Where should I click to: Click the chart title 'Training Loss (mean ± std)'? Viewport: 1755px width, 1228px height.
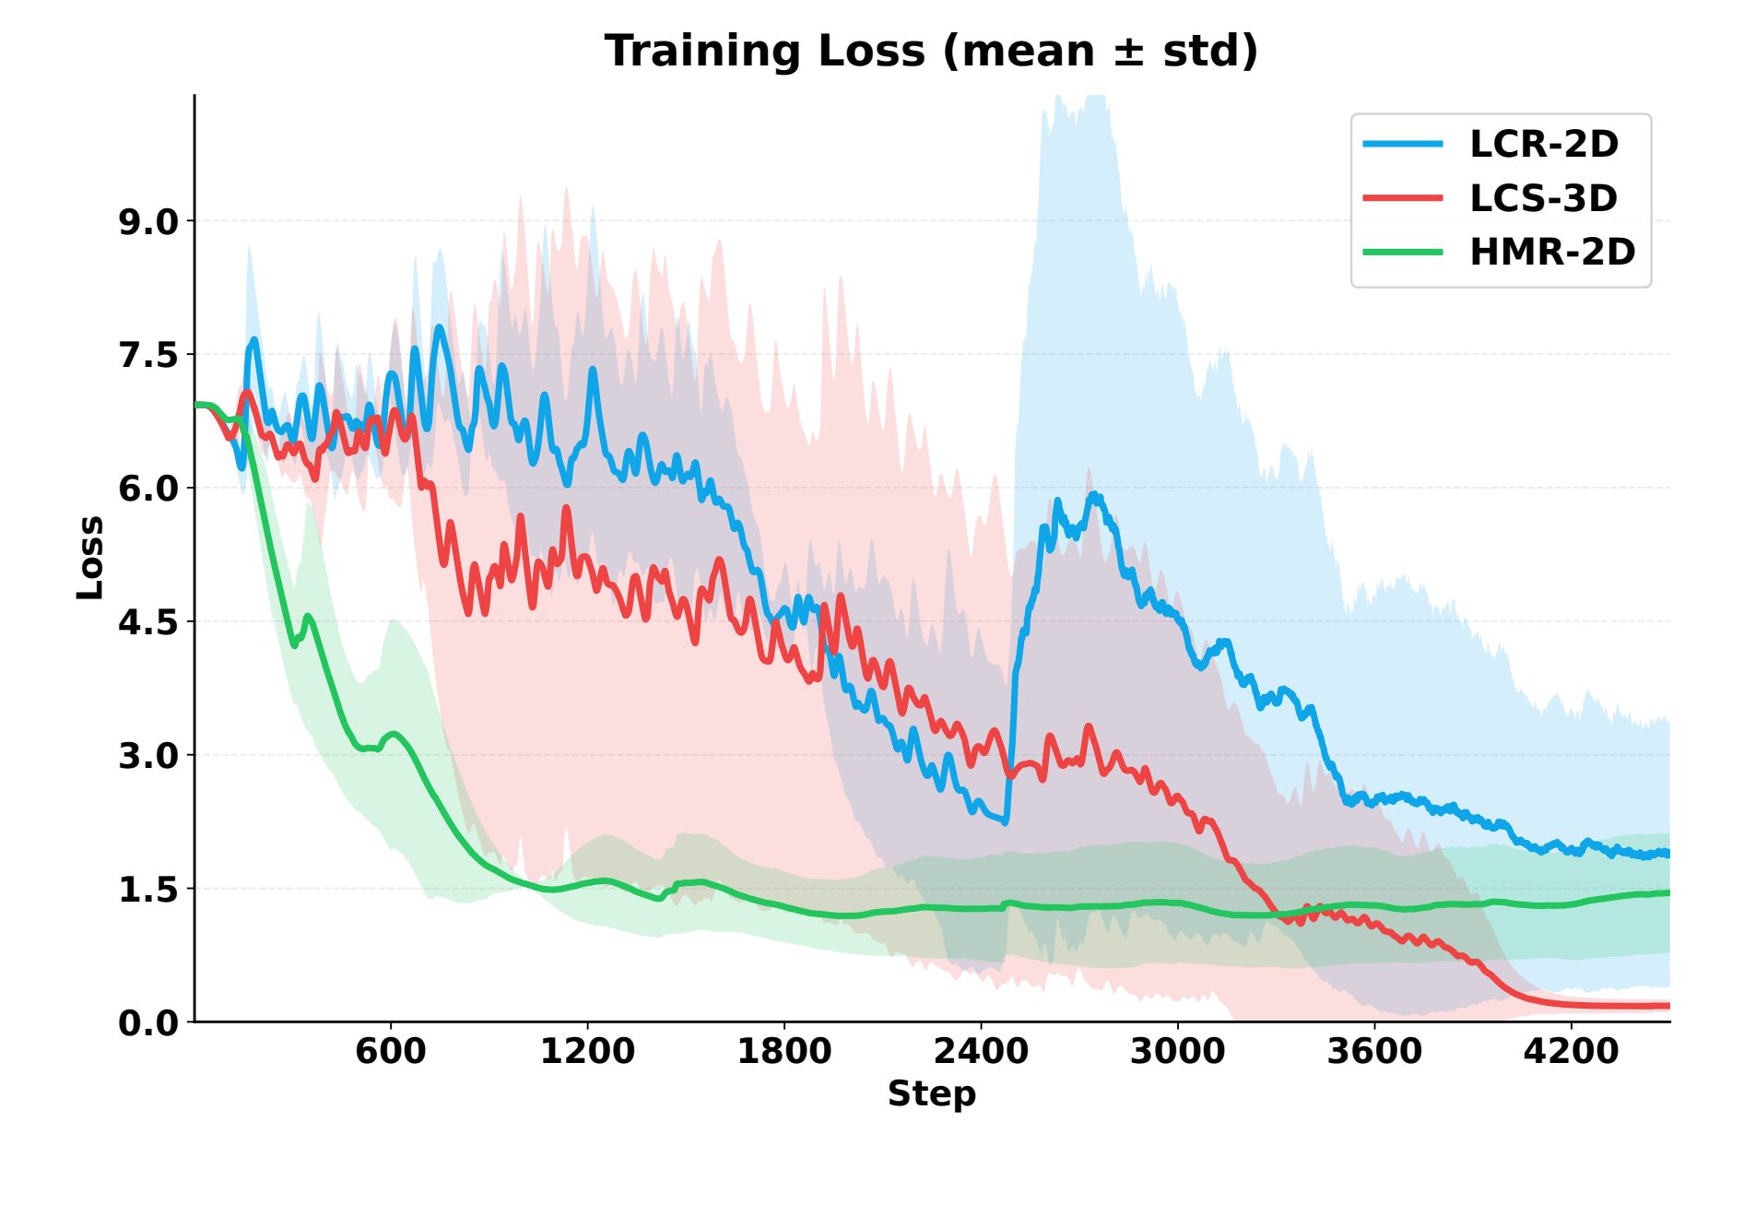(x=931, y=51)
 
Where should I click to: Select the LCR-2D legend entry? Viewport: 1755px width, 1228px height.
(x=1543, y=144)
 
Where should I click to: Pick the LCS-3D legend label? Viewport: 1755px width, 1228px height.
(x=1543, y=198)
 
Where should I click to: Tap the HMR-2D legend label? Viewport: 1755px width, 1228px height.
(x=1552, y=252)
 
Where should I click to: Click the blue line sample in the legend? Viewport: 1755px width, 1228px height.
(x=1402, y=144)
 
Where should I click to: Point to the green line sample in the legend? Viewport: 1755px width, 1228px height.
(x=1402, y=252)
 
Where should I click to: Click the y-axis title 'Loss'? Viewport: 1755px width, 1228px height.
(x=90, y=558)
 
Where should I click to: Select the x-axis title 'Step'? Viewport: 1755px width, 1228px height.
(x=931, y=1093)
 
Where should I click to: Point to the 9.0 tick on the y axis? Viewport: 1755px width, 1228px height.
(x=148, y=222)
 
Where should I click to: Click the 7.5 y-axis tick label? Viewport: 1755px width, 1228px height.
(x=148, y=355)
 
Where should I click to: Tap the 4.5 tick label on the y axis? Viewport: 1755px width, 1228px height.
(x=148, y=622)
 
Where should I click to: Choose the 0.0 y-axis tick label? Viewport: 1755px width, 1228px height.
(x=148, y=1022)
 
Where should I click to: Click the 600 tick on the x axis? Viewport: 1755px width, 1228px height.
(x=391, y=1051)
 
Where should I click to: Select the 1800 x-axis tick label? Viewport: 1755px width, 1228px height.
(x=783, y=1051)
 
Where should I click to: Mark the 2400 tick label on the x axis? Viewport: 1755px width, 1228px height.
(x=981, y=1051)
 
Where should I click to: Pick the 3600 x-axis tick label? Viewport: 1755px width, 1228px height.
(x=1374, y=1051)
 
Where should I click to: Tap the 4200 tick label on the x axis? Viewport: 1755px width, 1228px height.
(x=1571, y=1051)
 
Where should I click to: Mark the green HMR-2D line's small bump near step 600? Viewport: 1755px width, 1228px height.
(x=395, y=734)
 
